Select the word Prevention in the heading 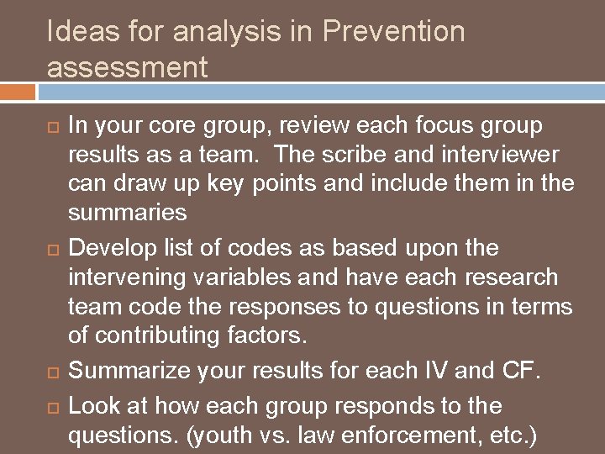(393, 32)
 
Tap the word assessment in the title (127, 67)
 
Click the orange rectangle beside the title (18, 92)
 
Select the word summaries (127, 213)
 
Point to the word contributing (167, 336)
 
